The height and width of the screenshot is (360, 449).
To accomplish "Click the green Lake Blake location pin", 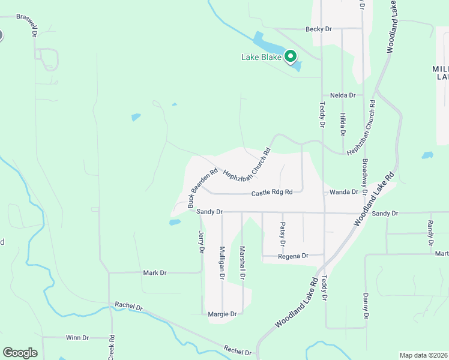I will pos(291,57).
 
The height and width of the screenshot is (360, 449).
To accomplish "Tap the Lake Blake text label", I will pos(261,58).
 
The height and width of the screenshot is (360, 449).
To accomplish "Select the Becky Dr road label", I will pos(318,29).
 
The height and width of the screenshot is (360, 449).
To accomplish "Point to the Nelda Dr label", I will pos(343,95).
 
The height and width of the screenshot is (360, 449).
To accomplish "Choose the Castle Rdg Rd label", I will pos(271,193).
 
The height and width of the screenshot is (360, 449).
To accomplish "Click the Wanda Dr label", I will pos(343,193).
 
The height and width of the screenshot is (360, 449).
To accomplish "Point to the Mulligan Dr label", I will pos(222,263).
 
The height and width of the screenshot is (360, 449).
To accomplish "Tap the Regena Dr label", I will pos(293,256).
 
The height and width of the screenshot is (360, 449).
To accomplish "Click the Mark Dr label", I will pos(154,272).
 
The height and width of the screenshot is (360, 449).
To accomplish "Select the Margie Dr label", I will pos(221,314).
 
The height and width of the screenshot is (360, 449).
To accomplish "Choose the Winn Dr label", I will pos(77,338).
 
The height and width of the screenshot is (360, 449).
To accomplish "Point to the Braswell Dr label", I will pos(27,26).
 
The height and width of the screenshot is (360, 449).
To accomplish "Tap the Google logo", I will pos(20,352).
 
